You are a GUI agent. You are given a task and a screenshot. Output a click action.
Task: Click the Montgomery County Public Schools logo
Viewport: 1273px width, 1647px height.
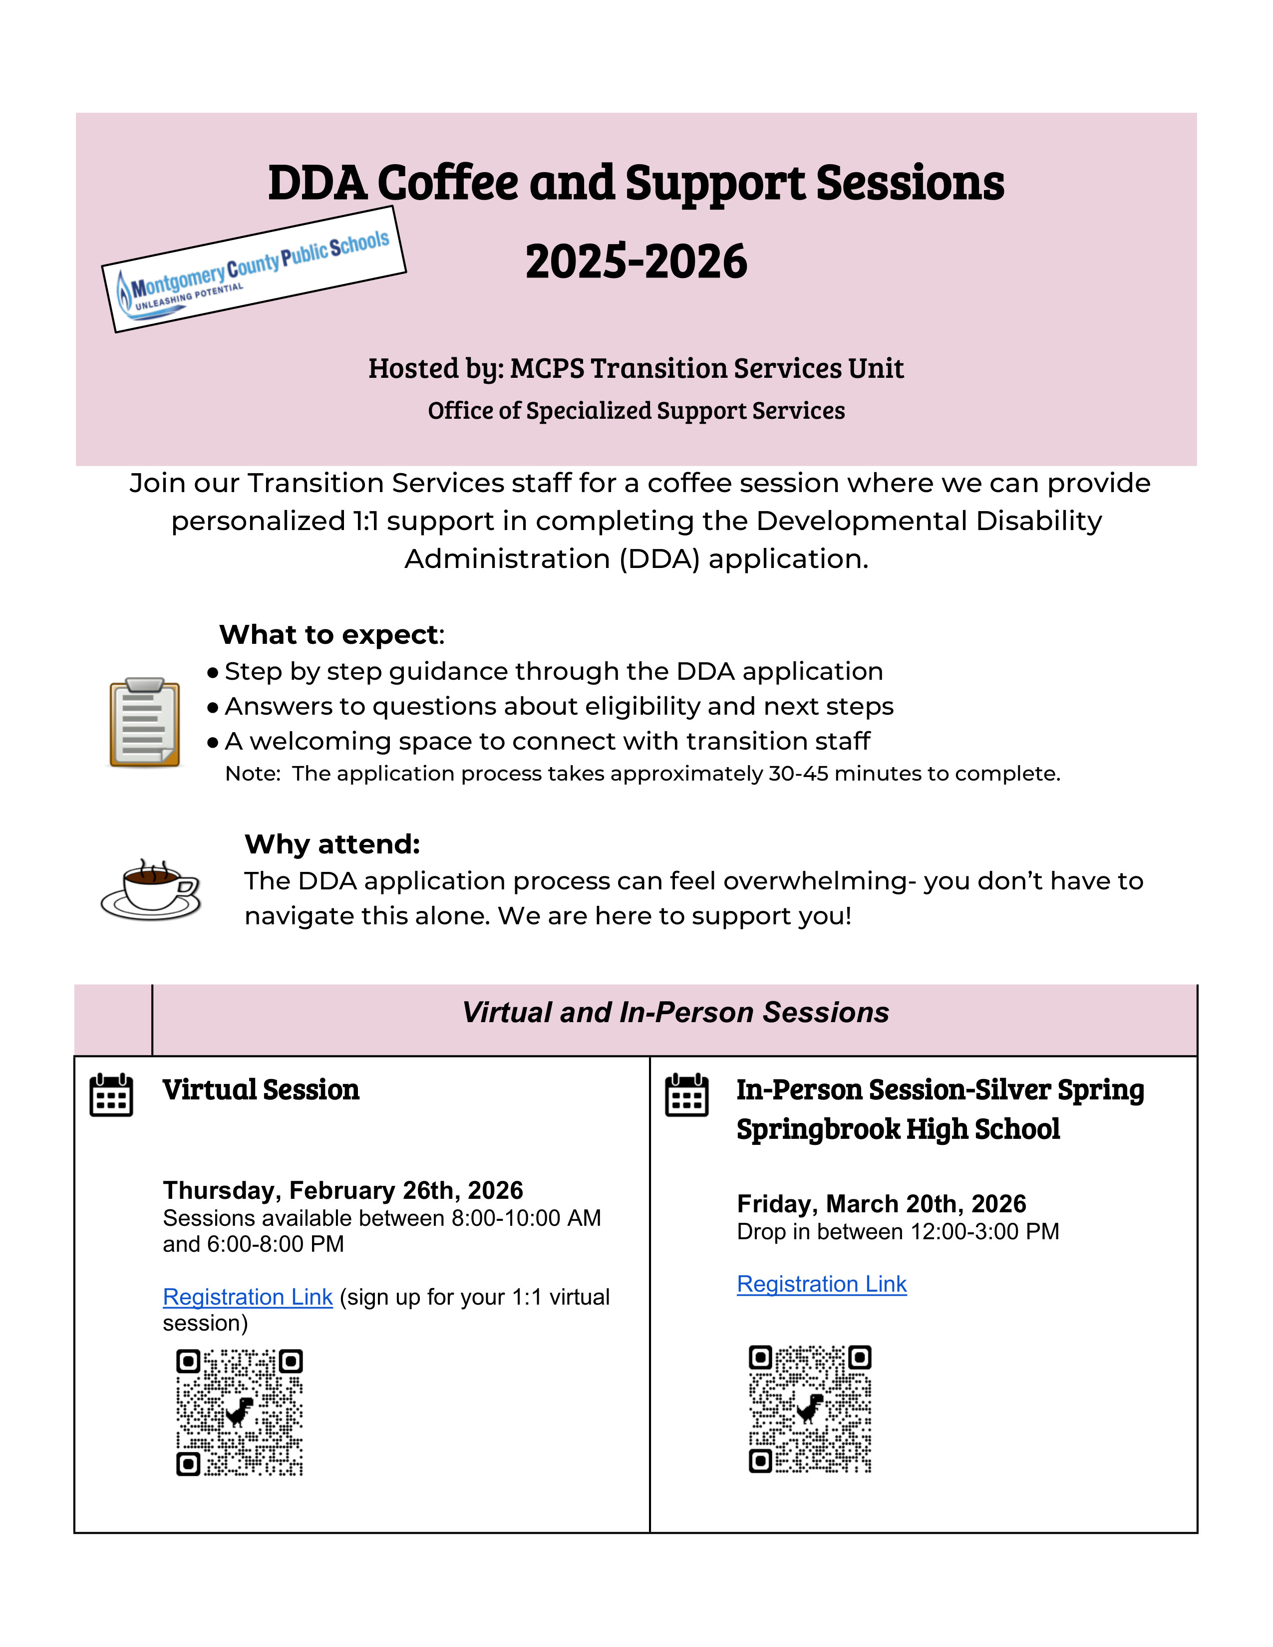coord(254,269)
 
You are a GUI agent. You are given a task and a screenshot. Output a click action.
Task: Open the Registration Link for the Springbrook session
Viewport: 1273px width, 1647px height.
coord(821,1284)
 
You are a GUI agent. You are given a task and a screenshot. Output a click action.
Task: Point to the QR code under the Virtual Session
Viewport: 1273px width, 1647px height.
coord(239,1412)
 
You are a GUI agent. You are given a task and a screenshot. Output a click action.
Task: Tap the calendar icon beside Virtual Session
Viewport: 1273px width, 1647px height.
coord(111,1095)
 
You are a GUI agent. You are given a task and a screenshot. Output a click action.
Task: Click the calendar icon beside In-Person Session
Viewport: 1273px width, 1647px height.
coord(686,1095)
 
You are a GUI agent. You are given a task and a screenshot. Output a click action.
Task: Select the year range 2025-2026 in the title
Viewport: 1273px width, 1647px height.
coord(636,262)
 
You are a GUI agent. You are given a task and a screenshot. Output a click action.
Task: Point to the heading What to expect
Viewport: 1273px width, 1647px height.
coord(329,635)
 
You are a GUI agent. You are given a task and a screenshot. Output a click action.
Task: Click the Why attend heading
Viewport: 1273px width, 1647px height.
coord(332,844)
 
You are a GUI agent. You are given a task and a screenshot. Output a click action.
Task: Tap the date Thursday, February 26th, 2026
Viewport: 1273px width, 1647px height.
coord(342,1190)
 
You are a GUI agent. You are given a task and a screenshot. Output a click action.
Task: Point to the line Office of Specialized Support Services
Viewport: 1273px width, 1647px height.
coord(636,411)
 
